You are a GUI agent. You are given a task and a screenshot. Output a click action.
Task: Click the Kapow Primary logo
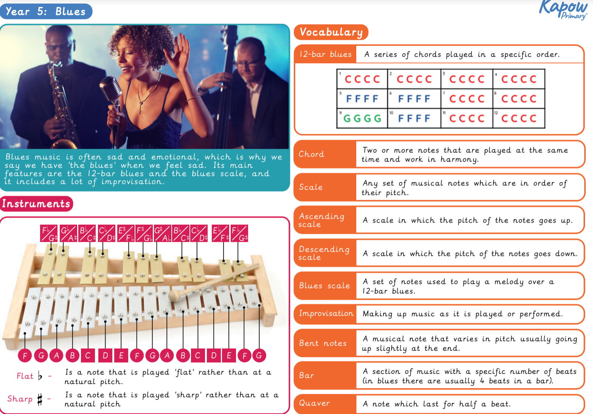tap(564, 9)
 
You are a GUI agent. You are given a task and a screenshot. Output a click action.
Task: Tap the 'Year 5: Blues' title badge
tap(46, 11)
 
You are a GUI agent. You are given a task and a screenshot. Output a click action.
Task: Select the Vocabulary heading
tap(331, 32)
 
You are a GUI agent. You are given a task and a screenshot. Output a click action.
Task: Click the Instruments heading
tap(36, 204)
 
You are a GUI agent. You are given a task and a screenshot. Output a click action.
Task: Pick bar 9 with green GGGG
tap(362, 118)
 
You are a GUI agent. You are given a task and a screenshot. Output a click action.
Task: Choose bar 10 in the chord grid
tap(414, 118)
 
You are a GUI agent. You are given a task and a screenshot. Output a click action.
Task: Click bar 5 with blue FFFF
tap(362, 99)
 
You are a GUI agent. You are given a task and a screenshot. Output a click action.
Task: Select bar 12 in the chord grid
tap(519, 118)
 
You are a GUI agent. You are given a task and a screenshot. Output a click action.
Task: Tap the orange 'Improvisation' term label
tap(326, 314)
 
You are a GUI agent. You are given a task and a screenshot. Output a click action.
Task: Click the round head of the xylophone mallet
tap(174, 295)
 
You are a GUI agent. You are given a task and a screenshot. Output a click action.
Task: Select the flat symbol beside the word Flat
tap(40, 376)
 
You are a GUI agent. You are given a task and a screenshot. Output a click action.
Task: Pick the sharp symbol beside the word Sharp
tap(40, 399)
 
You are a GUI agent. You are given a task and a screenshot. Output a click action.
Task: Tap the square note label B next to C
tap(183, 355)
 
